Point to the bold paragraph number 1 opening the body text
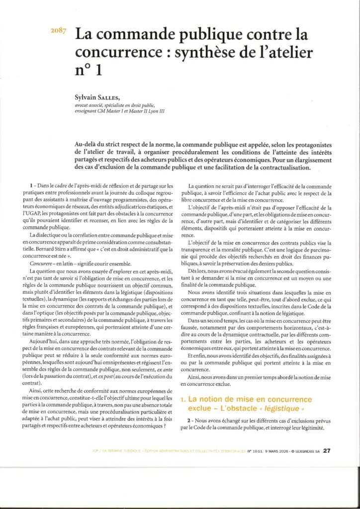click(x=32, y=185)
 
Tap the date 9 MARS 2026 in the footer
click(x=280, y=451)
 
